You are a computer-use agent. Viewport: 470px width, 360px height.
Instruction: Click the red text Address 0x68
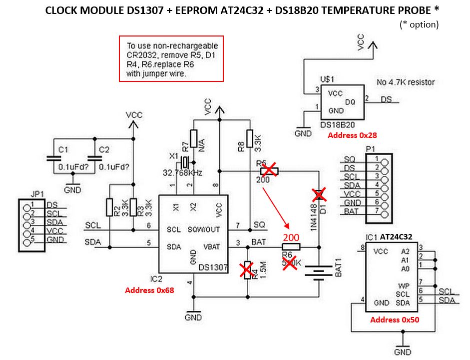[149, 290]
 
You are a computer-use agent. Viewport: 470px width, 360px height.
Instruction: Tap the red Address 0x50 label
[395, 319]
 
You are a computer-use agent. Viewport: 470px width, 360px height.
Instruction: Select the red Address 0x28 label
[351, 135]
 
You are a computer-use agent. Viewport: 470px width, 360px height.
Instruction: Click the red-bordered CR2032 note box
[171, 58]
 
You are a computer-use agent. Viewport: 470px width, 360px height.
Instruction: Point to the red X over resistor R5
[268, 171]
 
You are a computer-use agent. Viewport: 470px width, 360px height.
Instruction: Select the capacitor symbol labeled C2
[94, 157]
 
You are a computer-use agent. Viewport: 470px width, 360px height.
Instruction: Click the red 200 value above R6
[292, 237]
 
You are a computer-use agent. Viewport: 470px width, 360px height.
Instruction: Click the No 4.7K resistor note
[405, 82]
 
